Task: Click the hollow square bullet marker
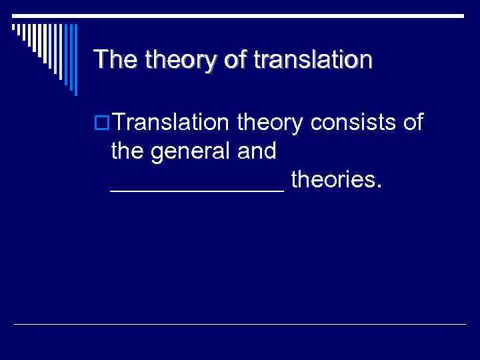101,123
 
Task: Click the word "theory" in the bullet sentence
271,125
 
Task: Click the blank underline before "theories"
197,190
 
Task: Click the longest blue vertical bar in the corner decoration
75,59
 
